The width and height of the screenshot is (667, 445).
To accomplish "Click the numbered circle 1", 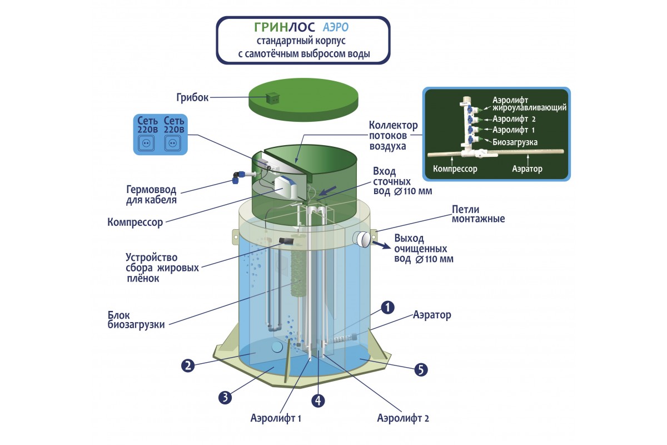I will coord(388,306).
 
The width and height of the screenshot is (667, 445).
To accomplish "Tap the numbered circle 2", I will coord(188,365).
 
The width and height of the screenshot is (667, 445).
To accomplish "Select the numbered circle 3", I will coord(225,397).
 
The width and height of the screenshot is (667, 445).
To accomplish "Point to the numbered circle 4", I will coord(317,399).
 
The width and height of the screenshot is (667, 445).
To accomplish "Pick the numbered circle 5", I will coord(421,369).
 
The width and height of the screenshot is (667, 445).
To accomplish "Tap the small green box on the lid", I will coord(272,98).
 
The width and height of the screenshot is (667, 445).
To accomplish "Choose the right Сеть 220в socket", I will coord(173,143).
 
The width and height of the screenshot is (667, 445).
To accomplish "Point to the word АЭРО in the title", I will coord(336,27).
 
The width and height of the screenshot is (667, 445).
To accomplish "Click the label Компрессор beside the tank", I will coord(135,223).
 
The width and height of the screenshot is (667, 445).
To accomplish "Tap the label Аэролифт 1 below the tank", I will coord(276,418).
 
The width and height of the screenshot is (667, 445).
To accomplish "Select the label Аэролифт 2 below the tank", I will coord(403,418).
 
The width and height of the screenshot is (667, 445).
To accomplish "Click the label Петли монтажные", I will coord(478,214).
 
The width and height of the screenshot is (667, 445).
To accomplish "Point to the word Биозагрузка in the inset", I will coord(515,142).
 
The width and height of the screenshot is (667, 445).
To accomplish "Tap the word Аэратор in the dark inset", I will coord(525,168).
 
